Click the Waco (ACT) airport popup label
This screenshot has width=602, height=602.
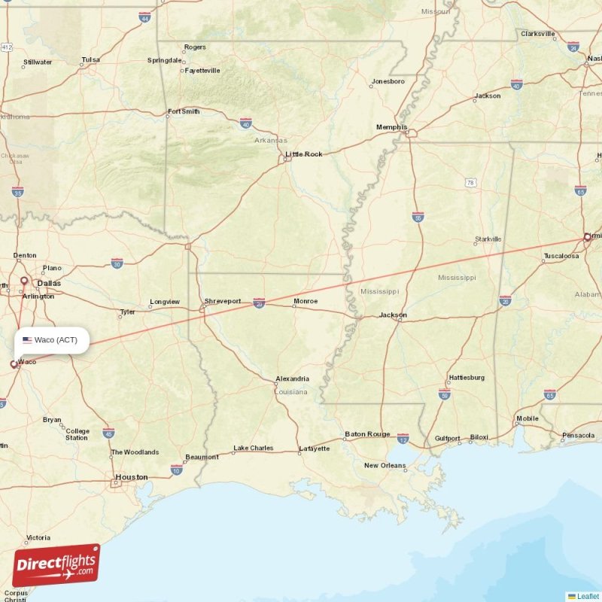pyautogui.click(x=50, y=340)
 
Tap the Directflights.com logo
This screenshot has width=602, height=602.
pyautogui.click(x=56, y=565)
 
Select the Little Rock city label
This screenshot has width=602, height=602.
pyautogui.click(x=304, y=154)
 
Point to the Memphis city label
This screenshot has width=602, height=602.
pyautogui.click(x=391, y=127)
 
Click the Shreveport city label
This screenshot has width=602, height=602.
pyautogui.click(x=223, y=302)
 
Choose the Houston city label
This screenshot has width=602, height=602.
pyautogui.click(x=131, y=477)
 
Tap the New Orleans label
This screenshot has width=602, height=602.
pyautogui.click(x=385, y=465)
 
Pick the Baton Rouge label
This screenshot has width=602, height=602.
pyautogui.click(x=367, y=434)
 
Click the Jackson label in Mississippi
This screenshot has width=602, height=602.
pyautogui.click(x=393, y=315)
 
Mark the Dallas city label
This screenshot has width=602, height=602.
pyautogui.click(x=50, y=284)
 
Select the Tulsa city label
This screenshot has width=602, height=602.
pyautogui.click(x=90, y=59)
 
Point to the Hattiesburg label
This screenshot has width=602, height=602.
pyautogui.click(x=467, y=378)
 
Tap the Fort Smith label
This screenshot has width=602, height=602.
pyautogui.click(x=184, y=111)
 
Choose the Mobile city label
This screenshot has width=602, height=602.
pyautogui.click(x=527, y=418)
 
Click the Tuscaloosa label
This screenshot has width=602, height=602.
pyautogui.click(x=561, y=257)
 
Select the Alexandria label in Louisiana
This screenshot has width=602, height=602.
pyautogui.click(x=292, y=379)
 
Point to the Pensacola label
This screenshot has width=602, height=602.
pyautogui.click(x=577, y=435)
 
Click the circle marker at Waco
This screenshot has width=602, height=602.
pyautogui.click(x=14, y=364)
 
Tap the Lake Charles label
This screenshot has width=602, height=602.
pyautogui.click(x=253, y=448)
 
